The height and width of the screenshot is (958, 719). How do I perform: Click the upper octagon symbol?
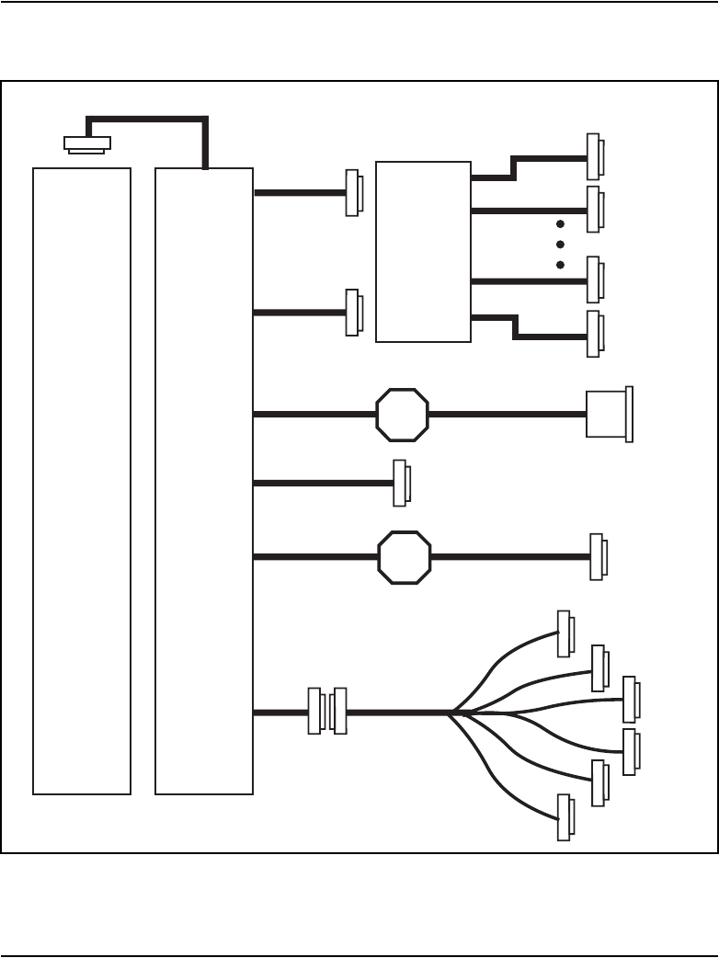403,415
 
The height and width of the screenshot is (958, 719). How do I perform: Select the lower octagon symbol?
405,555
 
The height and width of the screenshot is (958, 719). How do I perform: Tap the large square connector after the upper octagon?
609,415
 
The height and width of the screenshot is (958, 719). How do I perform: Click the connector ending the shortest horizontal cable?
401,483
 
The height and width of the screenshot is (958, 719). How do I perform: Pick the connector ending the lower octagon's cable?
598,556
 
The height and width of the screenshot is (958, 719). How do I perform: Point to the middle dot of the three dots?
560,245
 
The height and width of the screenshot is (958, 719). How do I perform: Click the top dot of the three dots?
560,224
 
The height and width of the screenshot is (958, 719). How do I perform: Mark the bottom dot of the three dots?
560,265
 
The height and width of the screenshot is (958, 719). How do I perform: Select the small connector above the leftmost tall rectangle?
86,143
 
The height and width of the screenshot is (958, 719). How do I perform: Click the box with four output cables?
424,251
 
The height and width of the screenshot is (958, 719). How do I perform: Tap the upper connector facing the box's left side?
353,193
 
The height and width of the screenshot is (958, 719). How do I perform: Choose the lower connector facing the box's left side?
353,313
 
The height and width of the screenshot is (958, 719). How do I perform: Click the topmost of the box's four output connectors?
595,156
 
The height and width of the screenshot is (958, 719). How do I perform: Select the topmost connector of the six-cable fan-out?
565,633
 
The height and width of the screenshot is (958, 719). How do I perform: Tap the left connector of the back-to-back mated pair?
315,712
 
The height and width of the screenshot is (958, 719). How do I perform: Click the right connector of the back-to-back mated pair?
338,712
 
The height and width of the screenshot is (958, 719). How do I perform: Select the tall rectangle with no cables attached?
82,480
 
